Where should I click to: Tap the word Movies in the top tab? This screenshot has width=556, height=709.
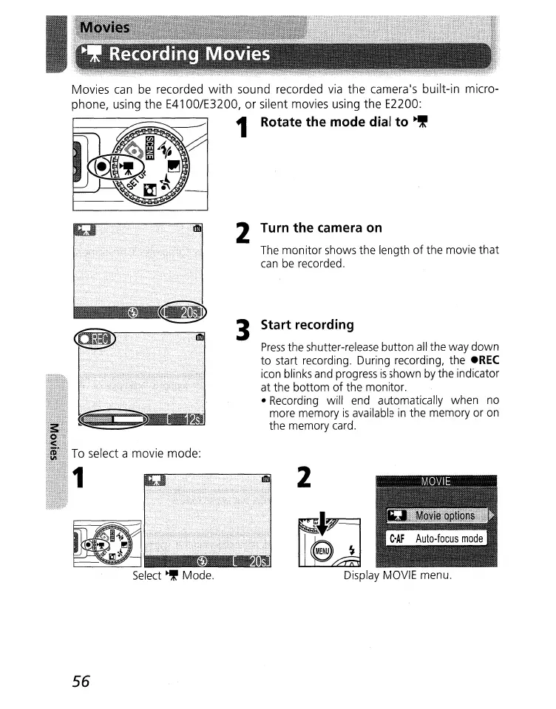(104, 28)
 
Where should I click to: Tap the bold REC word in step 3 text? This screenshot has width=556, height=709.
(486, 360)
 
